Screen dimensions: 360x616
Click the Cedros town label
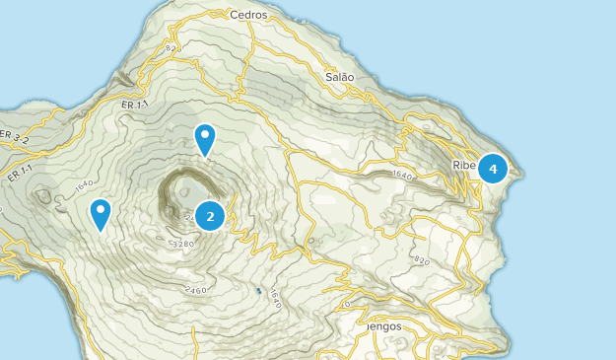pos(247,15)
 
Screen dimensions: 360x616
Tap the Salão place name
pos(339,76)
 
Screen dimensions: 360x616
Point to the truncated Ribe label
pos(464,166)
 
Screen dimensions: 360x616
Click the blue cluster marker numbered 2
pos(210,215)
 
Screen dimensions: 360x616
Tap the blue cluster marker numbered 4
pos(493,169)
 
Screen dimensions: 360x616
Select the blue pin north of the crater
pos(205,138)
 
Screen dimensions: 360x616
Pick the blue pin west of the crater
pos(101,212)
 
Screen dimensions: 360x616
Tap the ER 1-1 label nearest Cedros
pos(135,104)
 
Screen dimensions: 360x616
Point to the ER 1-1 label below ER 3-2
pos(18,174)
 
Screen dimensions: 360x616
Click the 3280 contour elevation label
pos(182,244)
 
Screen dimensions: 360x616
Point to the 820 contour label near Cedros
pos(172,47)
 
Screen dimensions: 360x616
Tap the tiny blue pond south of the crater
pos(258,291)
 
